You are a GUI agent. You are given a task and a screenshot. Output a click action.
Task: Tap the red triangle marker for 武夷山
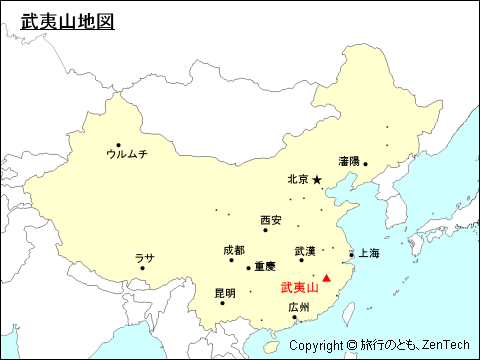[x=326, y=277]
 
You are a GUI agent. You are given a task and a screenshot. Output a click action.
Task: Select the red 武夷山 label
[x=299, y=286]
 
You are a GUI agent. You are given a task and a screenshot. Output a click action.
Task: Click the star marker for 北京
[x=317, y=180]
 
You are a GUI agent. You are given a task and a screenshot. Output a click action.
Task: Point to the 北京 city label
[x=297, y=180]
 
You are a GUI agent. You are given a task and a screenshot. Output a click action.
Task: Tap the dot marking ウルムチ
[x=119, y=145]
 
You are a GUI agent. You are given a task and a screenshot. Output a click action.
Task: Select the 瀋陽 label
[x=349, y=160]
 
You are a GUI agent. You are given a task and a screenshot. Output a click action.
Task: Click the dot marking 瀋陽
[x=365, y=164]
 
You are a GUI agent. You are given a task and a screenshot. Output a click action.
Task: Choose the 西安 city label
[x=271, y=220]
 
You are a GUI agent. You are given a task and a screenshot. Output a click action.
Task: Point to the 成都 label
[x=234, y=250]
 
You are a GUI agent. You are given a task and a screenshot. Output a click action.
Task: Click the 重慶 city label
[x=265, y=267]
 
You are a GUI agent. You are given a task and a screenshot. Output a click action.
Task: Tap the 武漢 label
[x=305, y=250]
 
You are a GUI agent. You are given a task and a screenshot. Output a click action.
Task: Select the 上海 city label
[x=369, y=254]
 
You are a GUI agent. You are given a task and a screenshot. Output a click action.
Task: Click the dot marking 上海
[x=351, y=254]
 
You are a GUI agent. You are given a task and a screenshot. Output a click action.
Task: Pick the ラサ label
[x=145, y=258]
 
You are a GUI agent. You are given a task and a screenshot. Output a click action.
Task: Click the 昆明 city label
[x=225, y=293]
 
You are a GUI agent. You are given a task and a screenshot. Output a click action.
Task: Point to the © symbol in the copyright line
[x=351, y=346]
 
